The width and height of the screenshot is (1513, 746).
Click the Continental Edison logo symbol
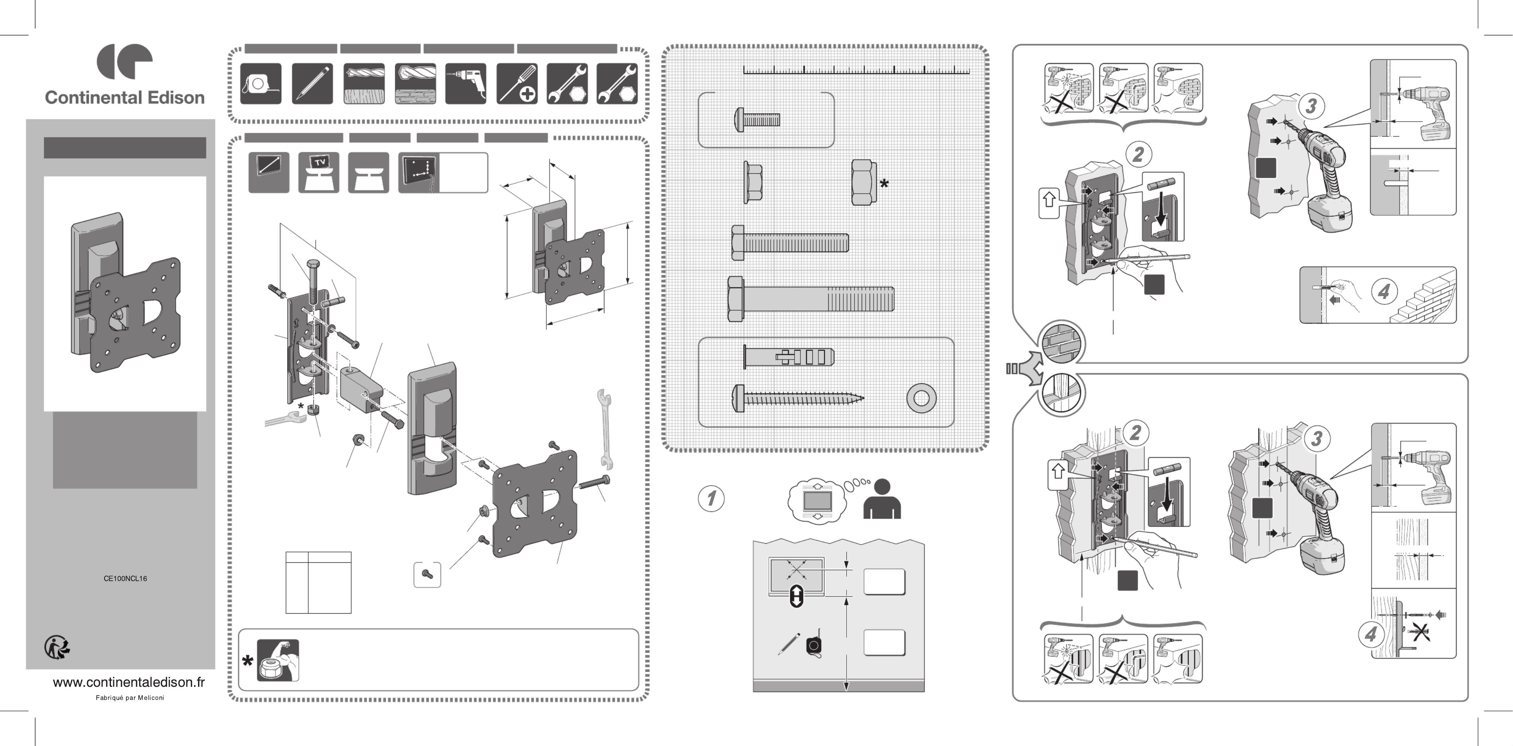(x=124, y=61)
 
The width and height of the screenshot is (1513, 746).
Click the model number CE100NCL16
(x=125, y=578)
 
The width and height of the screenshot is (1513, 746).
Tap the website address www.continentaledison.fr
(x=128, y=682)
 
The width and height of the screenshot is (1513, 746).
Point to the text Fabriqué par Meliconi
(x=130, y=698)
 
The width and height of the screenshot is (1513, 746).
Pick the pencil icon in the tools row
(x=312, y=84)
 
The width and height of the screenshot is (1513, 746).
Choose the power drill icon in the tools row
(x=465, y=84)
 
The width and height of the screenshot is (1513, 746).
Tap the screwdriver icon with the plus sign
(x=516, y=84)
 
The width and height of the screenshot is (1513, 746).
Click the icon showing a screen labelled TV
(x=319, y=172)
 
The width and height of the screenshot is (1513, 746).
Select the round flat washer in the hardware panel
(x=921, y=399)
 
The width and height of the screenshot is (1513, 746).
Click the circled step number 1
(x=711, y=498)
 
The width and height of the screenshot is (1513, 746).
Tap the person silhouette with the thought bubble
(x=882, y=500)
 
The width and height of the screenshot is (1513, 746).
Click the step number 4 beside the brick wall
(x=1384, y=291)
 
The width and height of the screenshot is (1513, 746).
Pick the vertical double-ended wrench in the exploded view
(x=605, y=429)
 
